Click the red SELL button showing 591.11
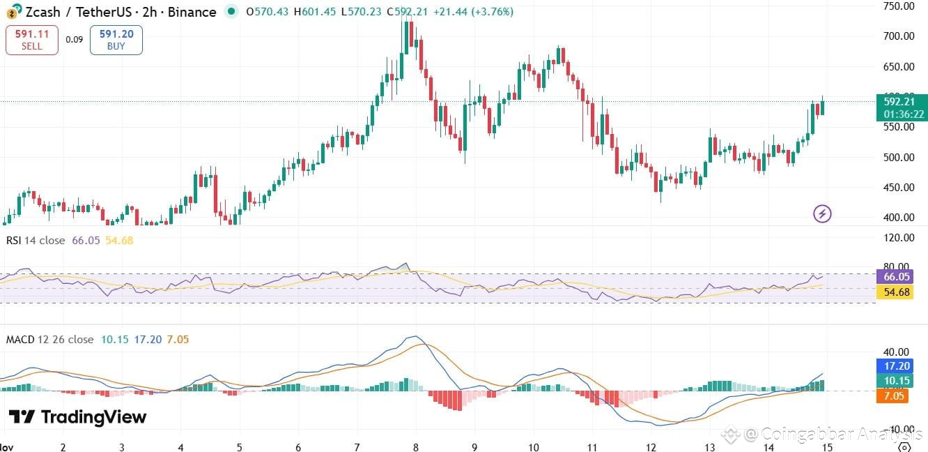click(x=31, y=40)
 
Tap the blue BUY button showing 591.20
click(x=116, y=40)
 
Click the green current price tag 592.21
click(x=901, y=102)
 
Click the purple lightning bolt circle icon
click(x=823, y=213)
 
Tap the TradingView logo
click(x=77, y=417)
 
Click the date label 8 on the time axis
click(x=416, y=446)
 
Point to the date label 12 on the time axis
click(x=651, y=446)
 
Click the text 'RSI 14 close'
click(x=36, y=241)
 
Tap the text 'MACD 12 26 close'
click(x=49, y=340)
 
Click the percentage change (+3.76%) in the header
click(x=492, y=12)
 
